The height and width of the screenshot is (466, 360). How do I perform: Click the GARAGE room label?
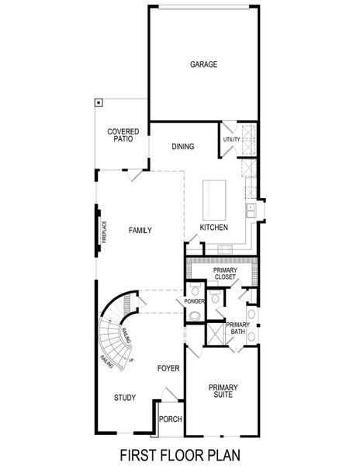(x=203, y=64)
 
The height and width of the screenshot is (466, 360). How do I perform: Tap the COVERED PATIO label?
(x=123, y=135)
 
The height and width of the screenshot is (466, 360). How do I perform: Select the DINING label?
(x=183, y=147)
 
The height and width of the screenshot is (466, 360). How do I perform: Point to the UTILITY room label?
(x=231, y=140)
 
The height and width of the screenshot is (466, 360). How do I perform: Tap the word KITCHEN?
(x=213, y=228)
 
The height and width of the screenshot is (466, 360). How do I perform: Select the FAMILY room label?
(x=140, y=231)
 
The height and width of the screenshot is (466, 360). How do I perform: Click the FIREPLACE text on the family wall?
(x=103, y=231)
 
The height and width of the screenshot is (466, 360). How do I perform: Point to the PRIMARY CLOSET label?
(x=226, y=273)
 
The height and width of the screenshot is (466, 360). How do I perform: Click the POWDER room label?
(x=194, y=301)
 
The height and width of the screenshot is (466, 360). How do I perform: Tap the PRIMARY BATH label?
(x=237, y=329)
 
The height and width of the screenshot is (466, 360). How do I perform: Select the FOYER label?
(x=168, y=367)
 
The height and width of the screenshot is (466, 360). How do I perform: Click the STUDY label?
(x=125, y=398)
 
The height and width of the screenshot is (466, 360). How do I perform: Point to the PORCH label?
(x=170, y=419)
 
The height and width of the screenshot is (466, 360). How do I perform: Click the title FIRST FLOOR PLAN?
(x=179, y=454)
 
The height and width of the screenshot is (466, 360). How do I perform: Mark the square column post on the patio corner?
(x=99, y=102)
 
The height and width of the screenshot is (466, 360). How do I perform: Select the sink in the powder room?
(x=196, y=315)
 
